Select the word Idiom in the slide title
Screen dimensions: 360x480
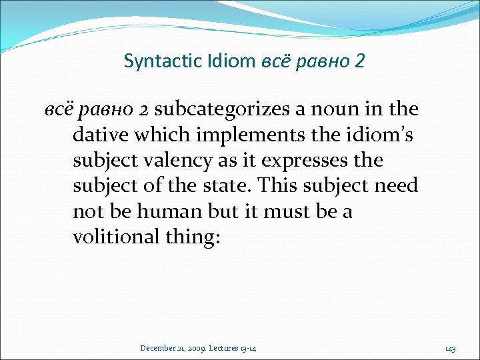(230, 61)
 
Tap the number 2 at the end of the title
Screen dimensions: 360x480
(360, 61)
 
